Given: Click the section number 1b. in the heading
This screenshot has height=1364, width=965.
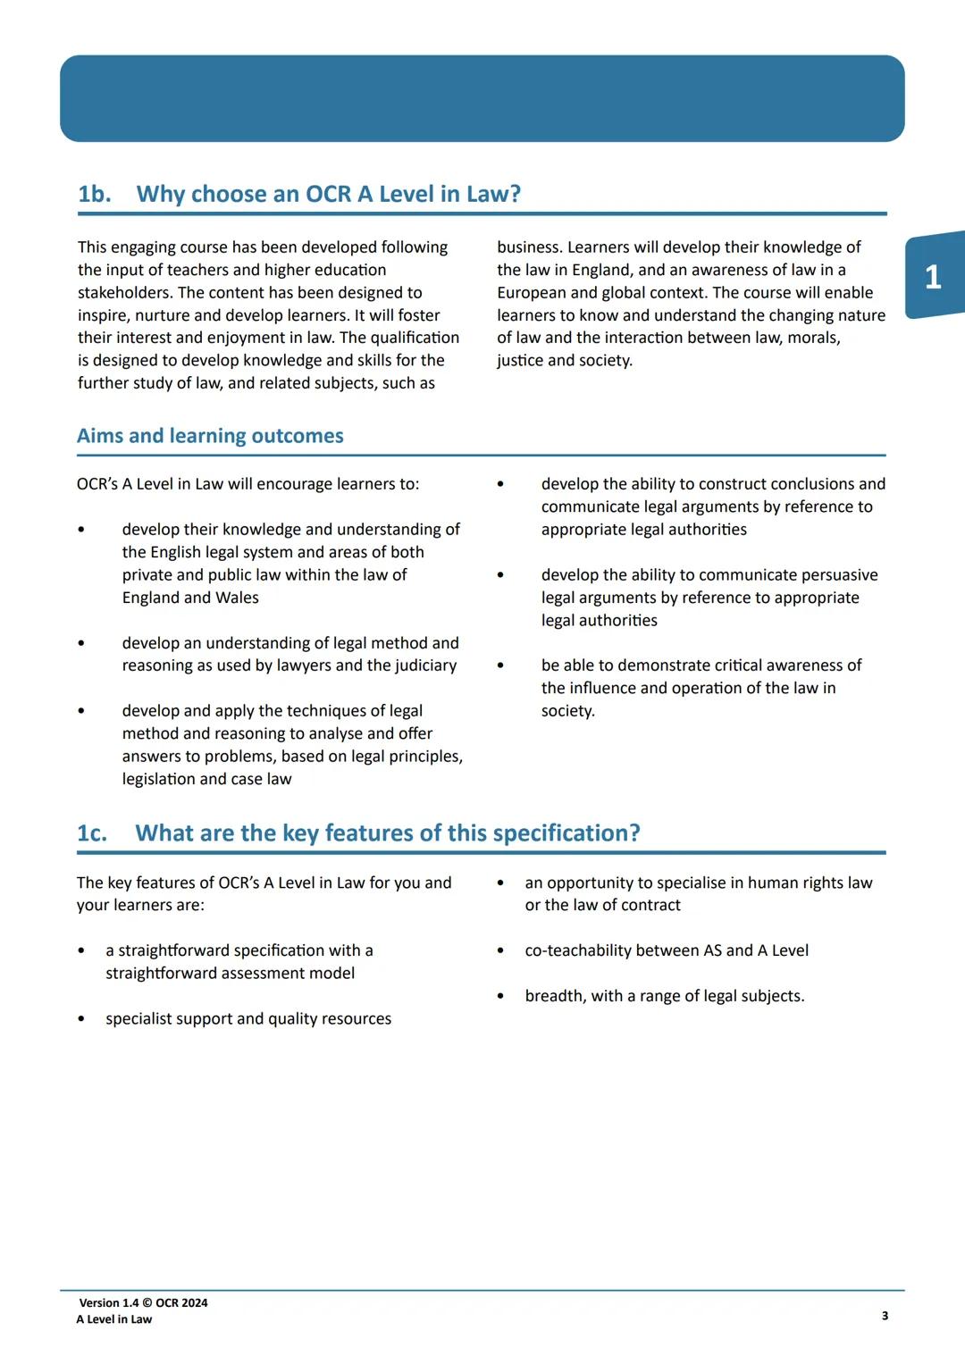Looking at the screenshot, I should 95,194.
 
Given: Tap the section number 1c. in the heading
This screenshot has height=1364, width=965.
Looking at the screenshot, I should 92,833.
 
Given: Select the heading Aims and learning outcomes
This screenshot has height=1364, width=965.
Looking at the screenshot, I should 210,436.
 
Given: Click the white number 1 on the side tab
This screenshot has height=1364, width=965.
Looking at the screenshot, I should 933,277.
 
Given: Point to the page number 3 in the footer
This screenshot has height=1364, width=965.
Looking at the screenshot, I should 885,1316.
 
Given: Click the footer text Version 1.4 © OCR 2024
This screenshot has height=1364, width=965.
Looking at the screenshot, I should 143,1302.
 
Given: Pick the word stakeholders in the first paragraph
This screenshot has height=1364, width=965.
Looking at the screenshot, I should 124,293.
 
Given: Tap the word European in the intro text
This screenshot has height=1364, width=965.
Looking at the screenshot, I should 533,293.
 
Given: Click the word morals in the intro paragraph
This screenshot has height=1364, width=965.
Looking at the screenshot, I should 813,338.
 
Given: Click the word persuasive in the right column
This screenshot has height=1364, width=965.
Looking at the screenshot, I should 837,575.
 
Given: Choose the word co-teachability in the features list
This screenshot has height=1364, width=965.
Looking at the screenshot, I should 579,950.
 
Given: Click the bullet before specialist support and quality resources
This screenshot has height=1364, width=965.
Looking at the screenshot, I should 81,1019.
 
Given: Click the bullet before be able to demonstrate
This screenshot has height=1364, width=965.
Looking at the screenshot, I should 500,666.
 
